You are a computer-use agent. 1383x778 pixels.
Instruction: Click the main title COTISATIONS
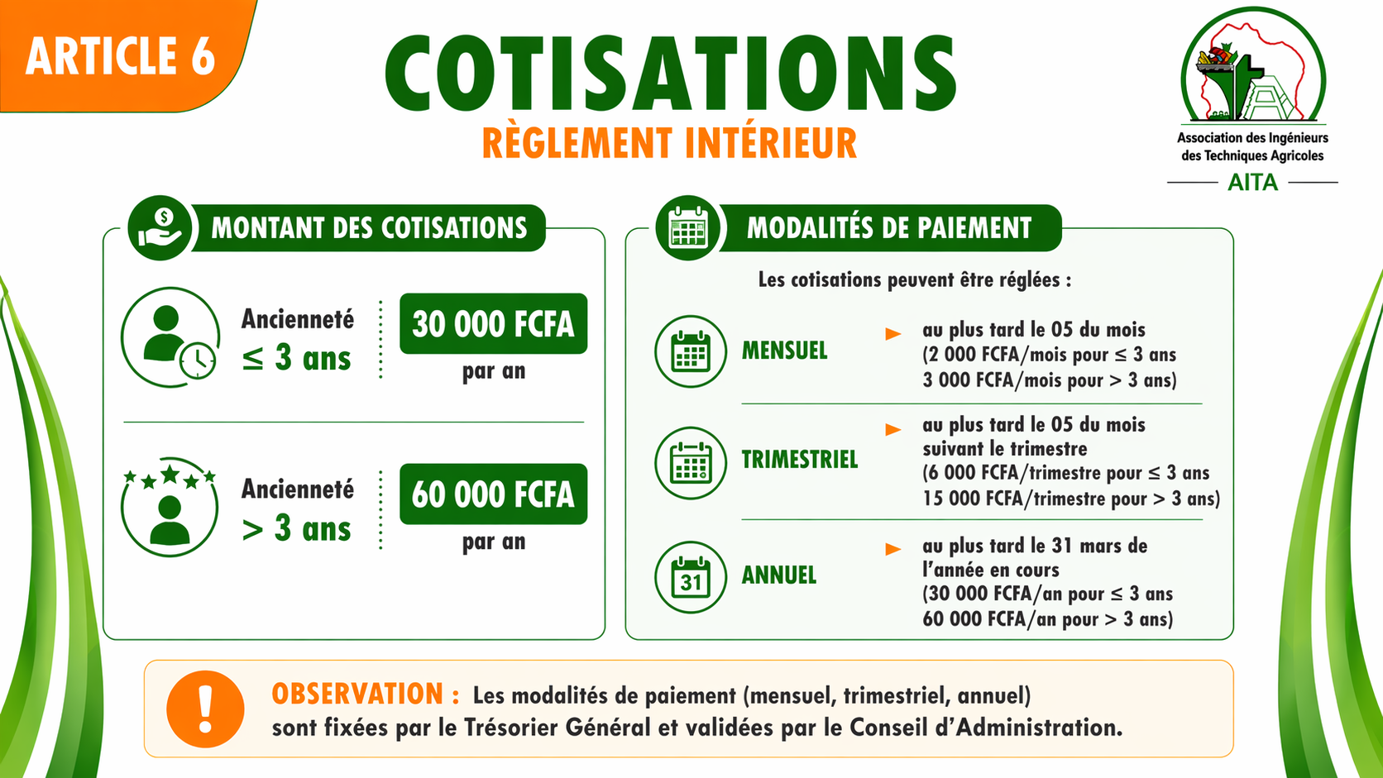(671, 73)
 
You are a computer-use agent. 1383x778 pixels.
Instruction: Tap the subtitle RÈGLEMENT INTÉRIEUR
(669, 143)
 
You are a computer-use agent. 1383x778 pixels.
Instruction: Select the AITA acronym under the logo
(1252, 183)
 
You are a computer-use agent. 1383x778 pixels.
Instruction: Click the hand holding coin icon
(160, 227)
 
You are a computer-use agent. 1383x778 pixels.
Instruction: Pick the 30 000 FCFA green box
(493, 324)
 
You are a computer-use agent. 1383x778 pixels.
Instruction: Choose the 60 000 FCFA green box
(493, 494)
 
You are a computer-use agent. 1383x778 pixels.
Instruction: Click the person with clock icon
(170, 336)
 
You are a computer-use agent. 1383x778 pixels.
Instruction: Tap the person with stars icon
(170, 507)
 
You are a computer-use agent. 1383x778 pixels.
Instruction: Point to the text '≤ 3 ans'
(296, 358)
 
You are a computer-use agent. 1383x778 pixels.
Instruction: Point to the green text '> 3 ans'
(296, 529)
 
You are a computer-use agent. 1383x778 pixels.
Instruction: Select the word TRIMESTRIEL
(800, 460)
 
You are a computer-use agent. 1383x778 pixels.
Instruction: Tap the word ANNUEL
(778, 575)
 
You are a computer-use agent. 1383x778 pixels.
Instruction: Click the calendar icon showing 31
(691, 577)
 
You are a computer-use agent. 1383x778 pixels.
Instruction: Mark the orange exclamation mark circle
(205, 709)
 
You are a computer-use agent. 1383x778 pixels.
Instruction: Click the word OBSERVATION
(357, 694)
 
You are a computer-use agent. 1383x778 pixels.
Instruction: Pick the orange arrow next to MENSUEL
(892, 334)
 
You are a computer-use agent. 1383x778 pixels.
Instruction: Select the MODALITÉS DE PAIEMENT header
(889, 227)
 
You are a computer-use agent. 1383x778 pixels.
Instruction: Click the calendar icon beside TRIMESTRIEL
(691, 463)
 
